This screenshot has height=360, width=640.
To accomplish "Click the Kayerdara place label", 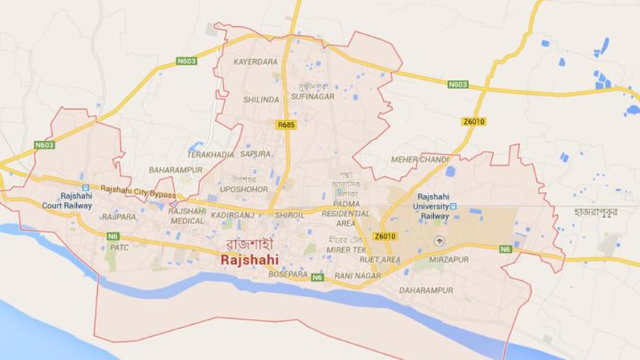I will (x=255, y=62).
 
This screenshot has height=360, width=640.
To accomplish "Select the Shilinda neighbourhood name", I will (x=261, y=99).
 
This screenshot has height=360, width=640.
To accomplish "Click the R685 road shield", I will (x=284, y=125).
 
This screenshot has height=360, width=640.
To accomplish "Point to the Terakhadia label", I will (x=210, y=154).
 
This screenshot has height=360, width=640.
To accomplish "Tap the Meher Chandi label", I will (x=420, y=160).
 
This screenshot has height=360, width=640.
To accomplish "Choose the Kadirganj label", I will (x=233, y=215).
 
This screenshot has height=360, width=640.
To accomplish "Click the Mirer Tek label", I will (x=347, y=249).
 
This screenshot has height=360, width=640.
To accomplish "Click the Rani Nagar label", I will (x=354, y=277).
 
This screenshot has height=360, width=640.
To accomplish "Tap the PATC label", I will (x=119, y=247).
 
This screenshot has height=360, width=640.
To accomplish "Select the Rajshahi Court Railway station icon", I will (x=85, y=187).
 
